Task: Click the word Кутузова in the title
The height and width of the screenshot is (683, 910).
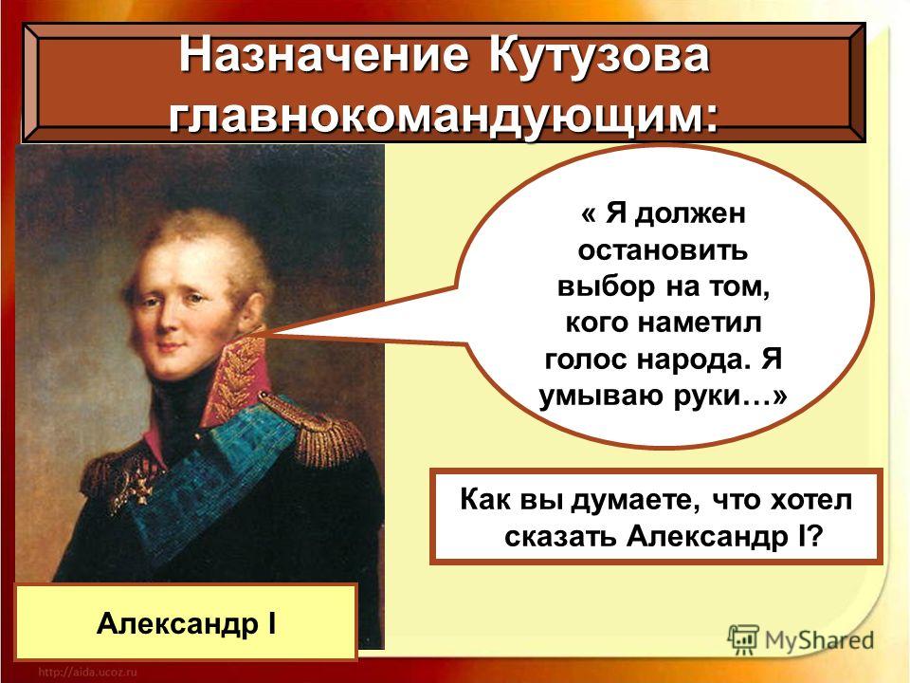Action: click(599, 56)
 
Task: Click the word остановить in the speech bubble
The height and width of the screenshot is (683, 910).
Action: click(663, 250)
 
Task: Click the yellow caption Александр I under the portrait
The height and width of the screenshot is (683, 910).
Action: click(186, 622)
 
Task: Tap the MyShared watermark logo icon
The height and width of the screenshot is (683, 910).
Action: click(743, 640)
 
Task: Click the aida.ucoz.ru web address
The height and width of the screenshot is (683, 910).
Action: click(87, 672)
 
